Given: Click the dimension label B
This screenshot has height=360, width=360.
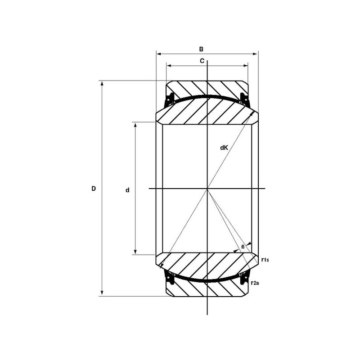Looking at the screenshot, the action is [x=201, y=49].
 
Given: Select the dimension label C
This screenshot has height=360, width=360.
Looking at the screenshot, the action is [x=202, y=61].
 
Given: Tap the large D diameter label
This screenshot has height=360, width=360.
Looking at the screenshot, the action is [x=94, y=189].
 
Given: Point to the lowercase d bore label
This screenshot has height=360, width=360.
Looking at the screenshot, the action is [x=127, y=190].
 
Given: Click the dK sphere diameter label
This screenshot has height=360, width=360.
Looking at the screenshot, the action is [x=224, y=148].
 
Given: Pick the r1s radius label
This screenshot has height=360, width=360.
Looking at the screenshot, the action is [x=265, y=260].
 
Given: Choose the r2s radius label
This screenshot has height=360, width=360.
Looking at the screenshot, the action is [x=255, y=283].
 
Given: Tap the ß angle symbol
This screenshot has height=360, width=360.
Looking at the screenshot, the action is [x=243, y=247].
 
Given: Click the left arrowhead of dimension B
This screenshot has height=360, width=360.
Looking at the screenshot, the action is [x=159, y=54].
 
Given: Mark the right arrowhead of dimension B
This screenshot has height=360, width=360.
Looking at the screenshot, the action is [x=255, y=54].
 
